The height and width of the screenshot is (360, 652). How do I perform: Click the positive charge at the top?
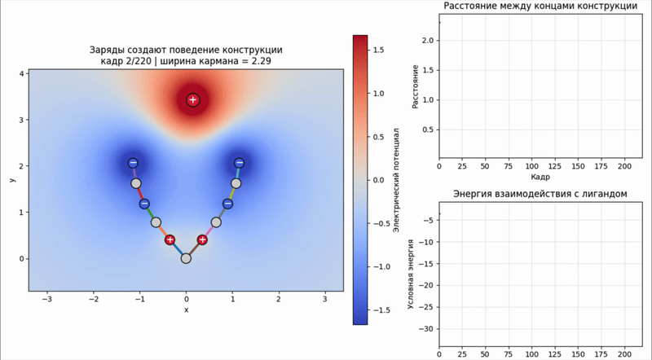tap(192, 99)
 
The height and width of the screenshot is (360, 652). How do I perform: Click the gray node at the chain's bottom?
tap(186, 258)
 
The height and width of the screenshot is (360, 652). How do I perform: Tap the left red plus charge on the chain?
tap(170, 239)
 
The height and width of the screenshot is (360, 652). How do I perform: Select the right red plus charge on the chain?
tap(202, 239)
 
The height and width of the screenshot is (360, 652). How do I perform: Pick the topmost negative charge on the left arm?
tap(133, 163)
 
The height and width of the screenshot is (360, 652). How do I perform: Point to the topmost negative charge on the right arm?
tap(239, 163)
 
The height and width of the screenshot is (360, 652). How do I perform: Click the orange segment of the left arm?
tap(162, 231)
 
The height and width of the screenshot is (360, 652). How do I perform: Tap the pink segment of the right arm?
tap(209, 231)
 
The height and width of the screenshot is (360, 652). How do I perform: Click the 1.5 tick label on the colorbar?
tap(379, 50)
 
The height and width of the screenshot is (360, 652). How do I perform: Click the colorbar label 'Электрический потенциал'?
tap(396, 180)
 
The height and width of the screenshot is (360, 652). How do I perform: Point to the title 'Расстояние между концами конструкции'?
tap(540, 6)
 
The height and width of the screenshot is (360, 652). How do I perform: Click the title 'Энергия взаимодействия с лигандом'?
tap(540, 194)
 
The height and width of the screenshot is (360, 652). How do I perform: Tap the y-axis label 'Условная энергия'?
tap(411, 274)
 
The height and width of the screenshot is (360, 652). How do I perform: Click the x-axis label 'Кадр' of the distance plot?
tap(540, 177)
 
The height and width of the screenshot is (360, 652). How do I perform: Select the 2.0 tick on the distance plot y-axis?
tap(428, 41)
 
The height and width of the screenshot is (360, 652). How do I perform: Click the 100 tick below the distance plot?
tap(532, 166)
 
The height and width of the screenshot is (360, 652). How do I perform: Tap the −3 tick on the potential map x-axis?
tap(47, 299)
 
